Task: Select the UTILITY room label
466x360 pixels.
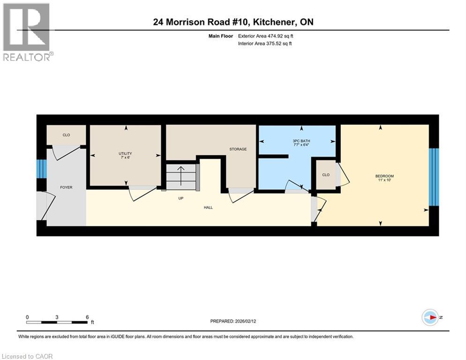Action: [125, 153]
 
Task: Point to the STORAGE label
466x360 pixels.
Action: [238, 149]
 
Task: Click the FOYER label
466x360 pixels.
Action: [66, 187]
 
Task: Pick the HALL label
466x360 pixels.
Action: [208, 207]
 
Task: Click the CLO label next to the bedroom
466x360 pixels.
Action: [325, 175]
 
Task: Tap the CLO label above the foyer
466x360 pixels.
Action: [66, 135]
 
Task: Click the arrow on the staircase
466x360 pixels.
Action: [180, 174]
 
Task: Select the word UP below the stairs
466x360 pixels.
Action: [180, 198]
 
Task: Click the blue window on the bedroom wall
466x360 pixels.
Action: [434, 177]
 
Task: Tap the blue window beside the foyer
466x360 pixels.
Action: [41, 169]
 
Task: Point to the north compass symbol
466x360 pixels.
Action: [430, 317]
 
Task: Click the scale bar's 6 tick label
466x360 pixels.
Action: [87, 317]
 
